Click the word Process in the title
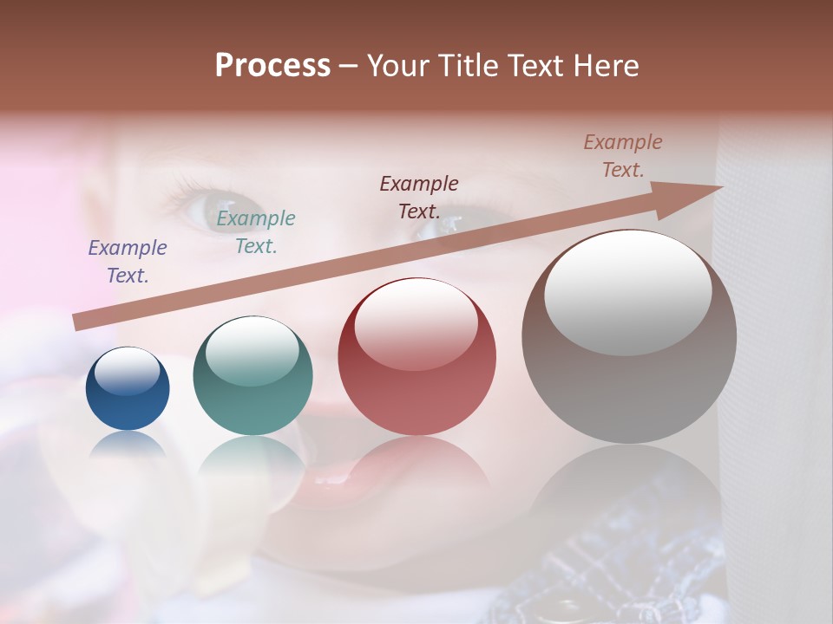[272, 66]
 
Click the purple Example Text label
[128, 262]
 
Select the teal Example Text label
[255, 232]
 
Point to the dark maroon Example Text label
[419, 197]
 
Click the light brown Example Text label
[622, 156]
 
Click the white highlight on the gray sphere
[628, 293]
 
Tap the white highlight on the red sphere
[416, 324]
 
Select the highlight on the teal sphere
[253, 351]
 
